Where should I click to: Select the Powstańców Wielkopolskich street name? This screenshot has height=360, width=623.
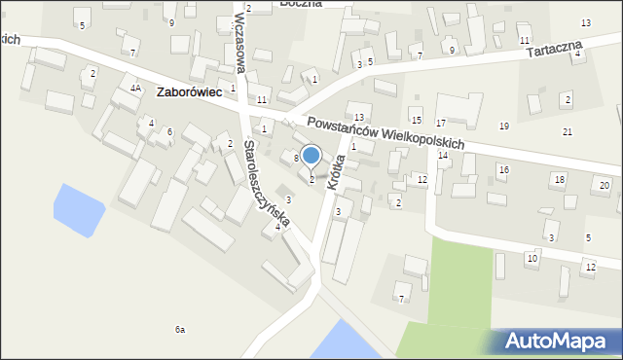385,131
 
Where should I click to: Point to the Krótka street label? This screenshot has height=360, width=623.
338,170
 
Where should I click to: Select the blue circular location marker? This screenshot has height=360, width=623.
311,156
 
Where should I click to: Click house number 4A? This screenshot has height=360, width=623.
136,88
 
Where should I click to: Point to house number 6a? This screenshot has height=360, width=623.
180,330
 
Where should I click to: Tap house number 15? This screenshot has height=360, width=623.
417,120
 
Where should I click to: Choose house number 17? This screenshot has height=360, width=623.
441,124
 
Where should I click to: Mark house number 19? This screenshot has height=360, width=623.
504,126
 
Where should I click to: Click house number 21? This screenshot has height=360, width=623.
568,131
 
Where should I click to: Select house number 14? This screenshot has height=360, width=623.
443,156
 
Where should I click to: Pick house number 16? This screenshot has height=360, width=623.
503,169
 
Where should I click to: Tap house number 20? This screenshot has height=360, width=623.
605,185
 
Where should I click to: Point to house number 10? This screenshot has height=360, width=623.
531,258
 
